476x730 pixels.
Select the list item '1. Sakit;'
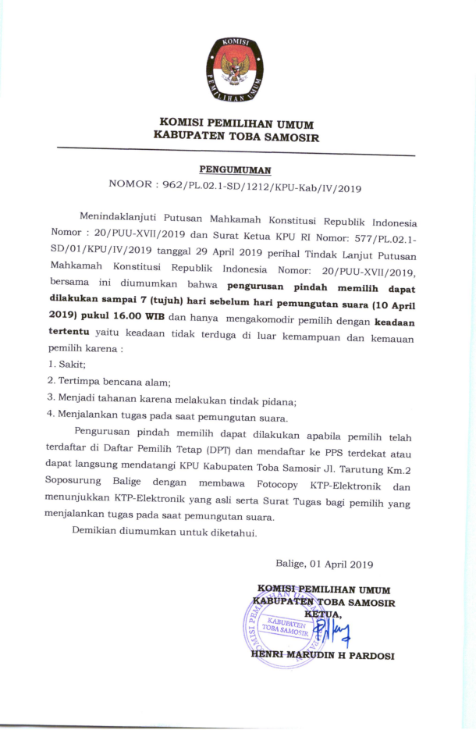[67, 364]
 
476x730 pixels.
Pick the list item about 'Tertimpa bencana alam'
[108, 381]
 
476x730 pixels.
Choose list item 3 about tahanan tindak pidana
[161, 399]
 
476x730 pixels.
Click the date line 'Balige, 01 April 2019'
[325, 564]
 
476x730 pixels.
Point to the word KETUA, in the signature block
[323, 614]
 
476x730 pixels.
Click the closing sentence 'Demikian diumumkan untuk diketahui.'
[165, 535]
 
